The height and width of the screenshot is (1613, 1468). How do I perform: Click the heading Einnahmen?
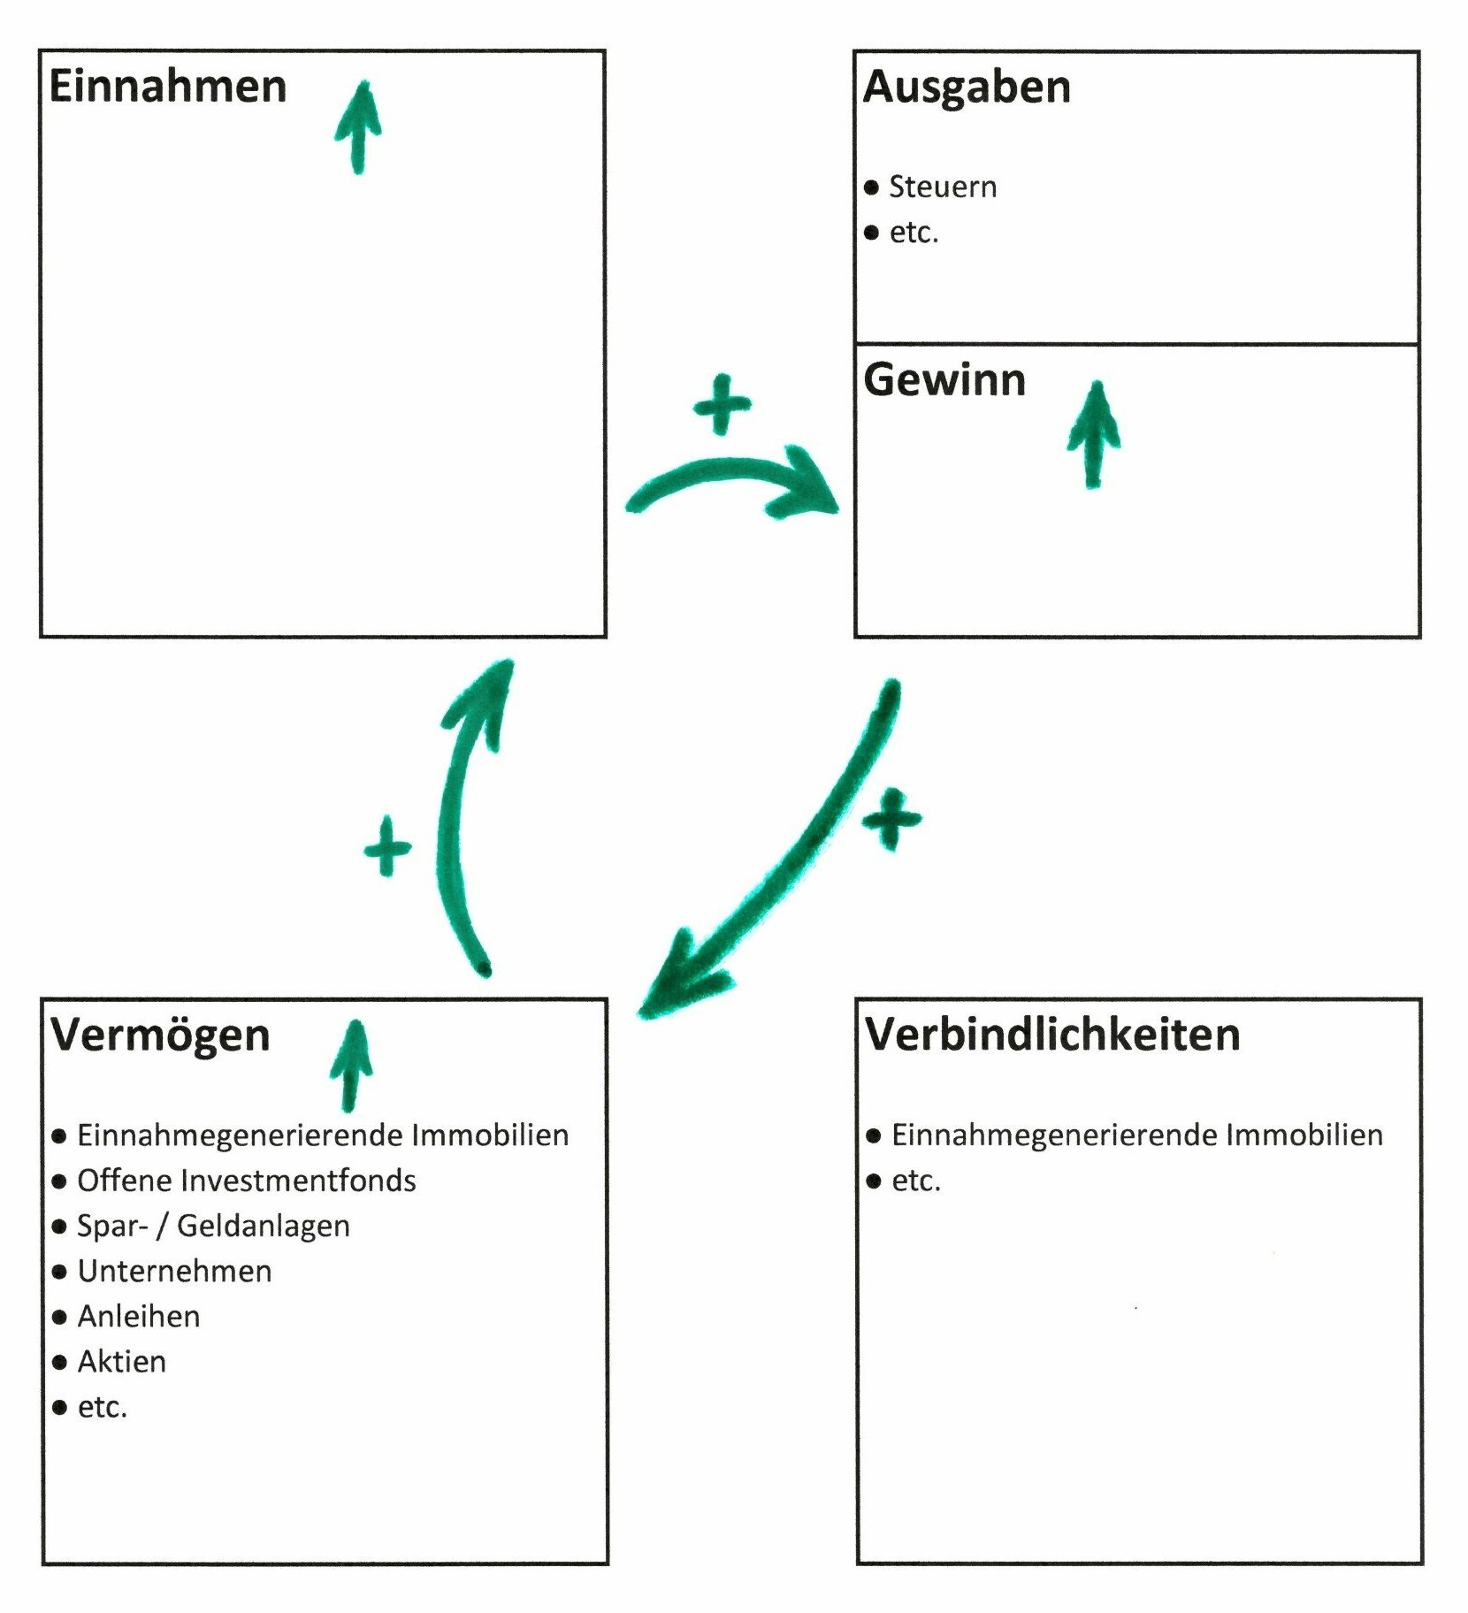click(168, 87)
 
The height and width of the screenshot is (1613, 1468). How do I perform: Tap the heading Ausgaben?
click(967, 87)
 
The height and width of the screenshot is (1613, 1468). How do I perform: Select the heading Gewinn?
click(944, 380)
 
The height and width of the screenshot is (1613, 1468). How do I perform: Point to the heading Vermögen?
click(160, 1035)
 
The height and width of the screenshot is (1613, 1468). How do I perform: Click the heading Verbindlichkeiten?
click(1052, 1035)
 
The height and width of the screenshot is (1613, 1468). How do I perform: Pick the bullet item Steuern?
click(943, 187)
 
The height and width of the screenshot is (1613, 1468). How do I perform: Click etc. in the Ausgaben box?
click(914, 233)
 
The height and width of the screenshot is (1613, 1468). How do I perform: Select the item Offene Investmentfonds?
click(246, 1181)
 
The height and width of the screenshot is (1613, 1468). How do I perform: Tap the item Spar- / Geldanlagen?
click(213, 1226)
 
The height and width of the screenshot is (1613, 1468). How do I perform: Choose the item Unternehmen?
click(174, 1271)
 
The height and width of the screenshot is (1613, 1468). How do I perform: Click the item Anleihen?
click(139, 1317)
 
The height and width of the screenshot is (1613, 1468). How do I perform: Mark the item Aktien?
click(122, 1362)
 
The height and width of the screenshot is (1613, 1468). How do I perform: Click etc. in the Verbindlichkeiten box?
click(916, 1181)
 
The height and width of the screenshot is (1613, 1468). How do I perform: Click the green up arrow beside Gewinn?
click(1094, 433)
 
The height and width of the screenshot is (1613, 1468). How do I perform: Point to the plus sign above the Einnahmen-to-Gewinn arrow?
click(723, 405)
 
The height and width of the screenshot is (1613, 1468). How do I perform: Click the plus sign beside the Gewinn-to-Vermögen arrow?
click(892, 819)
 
